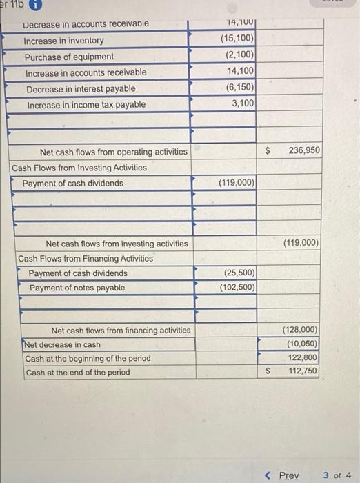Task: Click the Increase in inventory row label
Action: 64,41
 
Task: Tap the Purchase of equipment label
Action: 70,57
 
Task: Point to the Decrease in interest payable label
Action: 81,89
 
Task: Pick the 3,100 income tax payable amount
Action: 242,104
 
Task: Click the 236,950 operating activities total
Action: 304,150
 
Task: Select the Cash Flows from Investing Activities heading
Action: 79,168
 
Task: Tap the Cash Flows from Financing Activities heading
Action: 86,258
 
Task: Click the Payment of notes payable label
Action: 77,288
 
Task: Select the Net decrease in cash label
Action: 63,344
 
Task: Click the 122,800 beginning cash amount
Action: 303,358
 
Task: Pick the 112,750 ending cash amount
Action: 303,372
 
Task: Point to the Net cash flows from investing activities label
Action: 116,244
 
